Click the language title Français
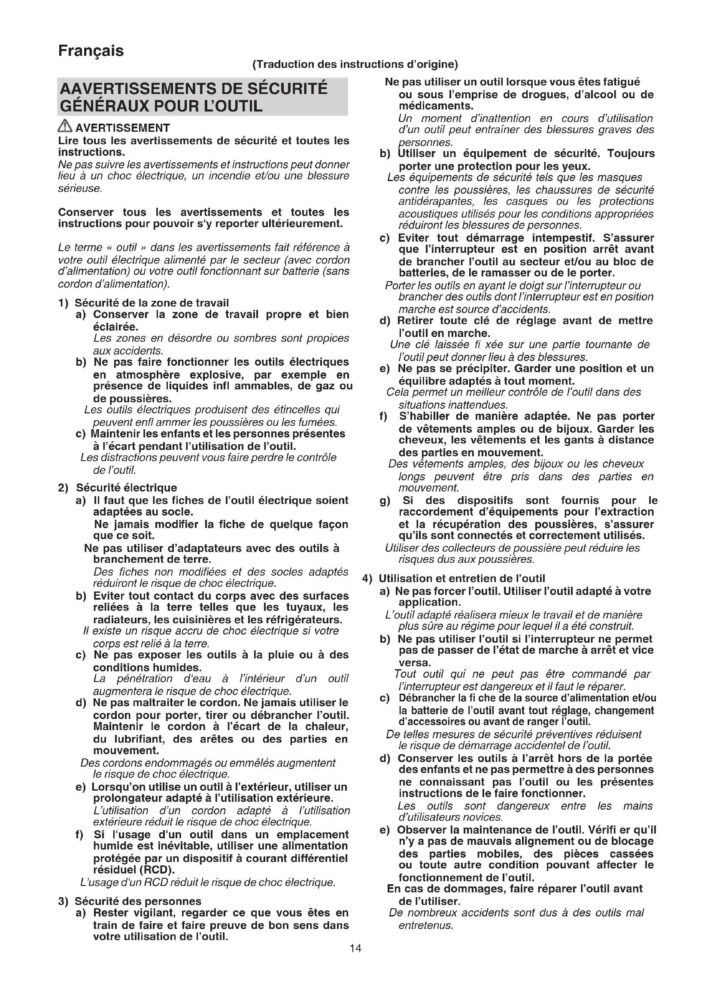coord(91,51)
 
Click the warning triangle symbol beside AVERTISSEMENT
coord(65,127)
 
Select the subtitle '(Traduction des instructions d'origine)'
coord(355,65)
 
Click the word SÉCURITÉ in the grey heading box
coord(287,89)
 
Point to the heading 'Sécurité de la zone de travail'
coord(152,303)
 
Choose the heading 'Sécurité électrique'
coord(126,488)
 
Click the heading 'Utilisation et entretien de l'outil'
coord(462,579)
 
